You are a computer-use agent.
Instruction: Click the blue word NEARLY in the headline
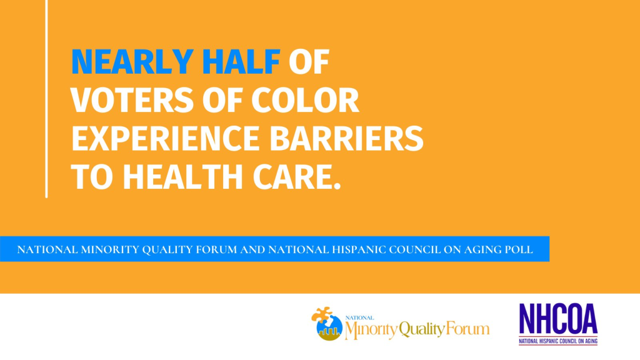[132, 62]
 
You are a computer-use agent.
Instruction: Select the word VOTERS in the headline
[132, 101]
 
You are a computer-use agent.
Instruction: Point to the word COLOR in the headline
[305, 101]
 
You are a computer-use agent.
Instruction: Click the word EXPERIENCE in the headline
[166, 138]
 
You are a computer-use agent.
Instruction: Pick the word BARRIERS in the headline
[346, 138]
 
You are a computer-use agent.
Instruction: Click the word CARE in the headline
[297, 177]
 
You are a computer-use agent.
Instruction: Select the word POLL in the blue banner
[518, 249]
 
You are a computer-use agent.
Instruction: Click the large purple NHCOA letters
[558, 319]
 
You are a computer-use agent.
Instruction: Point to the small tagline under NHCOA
[558, 341]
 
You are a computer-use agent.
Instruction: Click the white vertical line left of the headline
[46, 99]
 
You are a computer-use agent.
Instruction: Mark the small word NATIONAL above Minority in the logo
[359, 317]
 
